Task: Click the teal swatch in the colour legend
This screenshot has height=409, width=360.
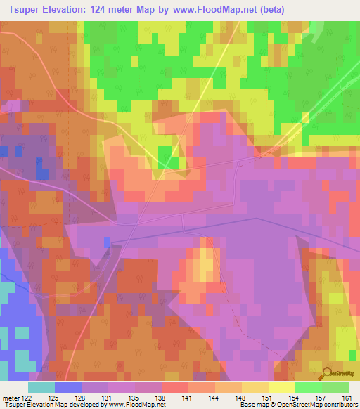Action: tap(41, 387)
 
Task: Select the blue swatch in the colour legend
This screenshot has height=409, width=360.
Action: tap(68, 387)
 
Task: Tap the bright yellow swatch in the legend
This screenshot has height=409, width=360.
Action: tap(282, 387)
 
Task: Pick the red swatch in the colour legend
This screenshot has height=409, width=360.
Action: tap(175, 387)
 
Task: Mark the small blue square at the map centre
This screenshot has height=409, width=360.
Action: tap(107, 242)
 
